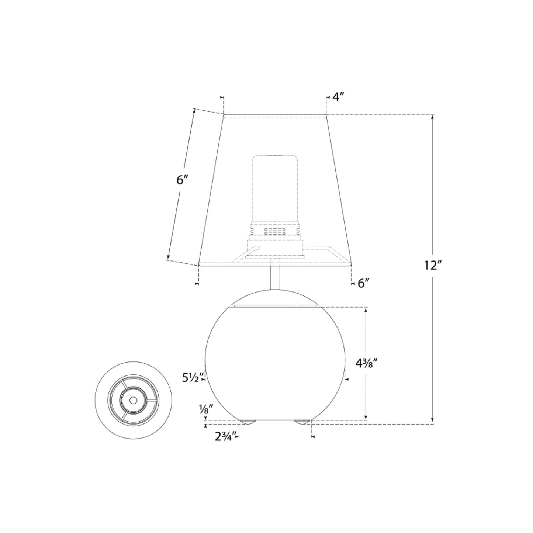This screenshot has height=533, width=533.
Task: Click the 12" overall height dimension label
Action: click(x=432, y=265)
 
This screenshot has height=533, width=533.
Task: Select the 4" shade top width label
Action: click(x=338, y=97)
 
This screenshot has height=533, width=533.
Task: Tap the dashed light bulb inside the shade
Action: click(x=275, y=188)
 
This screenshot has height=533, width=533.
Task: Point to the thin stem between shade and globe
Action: click(x=275, y=277)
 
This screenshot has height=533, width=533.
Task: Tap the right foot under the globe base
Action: click(x=302, y=422)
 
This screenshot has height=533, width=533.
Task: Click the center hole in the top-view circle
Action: click(x=133, y=400)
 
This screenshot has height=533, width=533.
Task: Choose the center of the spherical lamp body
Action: click(x=275, y=363)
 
